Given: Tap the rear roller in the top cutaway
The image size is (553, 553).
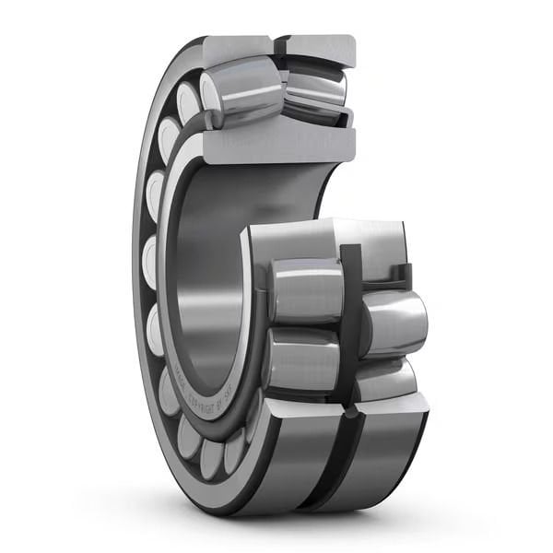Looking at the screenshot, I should click(x=316, y=93).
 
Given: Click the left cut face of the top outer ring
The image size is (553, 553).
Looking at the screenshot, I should click(x=241, y=49).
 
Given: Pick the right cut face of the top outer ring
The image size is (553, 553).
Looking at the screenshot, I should click(x=319, y=49).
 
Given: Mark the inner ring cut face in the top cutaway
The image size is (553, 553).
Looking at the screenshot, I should click(x=276, y=146).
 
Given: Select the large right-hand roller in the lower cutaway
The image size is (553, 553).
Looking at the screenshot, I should click(x=394, y=323).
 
